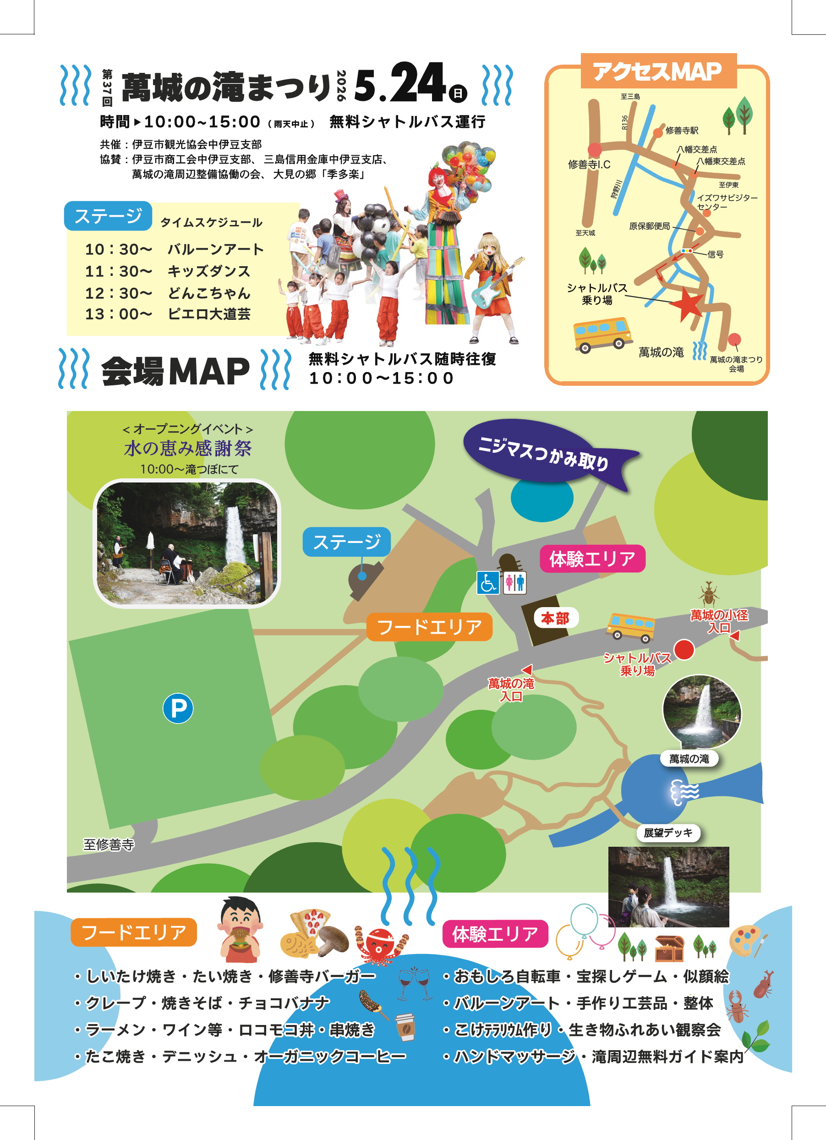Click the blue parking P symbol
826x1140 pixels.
178,708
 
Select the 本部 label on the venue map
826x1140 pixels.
555,618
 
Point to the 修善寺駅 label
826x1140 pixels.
682,131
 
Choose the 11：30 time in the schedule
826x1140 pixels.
118,271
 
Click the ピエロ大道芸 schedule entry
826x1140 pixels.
209,314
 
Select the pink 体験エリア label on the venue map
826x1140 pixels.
592,559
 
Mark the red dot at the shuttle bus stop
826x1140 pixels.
684,649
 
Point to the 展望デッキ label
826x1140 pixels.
668,833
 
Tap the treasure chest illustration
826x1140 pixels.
669,948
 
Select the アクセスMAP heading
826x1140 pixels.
658,71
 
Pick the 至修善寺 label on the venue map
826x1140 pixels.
109,845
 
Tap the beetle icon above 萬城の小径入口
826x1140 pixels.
708,594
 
